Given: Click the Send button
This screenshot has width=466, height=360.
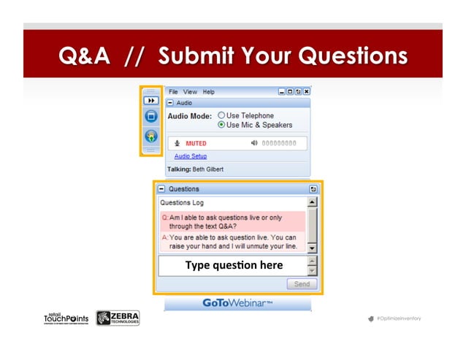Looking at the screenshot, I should click(x=301, y=284).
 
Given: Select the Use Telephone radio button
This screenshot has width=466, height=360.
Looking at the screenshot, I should click(x=221, y=115).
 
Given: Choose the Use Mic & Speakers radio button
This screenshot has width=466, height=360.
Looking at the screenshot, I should click(x=221, y=125).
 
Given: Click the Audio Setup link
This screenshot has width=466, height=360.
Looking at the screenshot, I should click(x=190, y=156).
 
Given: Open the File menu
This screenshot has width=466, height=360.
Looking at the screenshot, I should click(x=174, y=92).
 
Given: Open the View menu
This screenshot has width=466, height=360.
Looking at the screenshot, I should click(x=190, y=92).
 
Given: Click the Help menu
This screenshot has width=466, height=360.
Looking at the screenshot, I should click(x=209, y=92).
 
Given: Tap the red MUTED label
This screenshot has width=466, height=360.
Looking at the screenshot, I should click(x=195, y=143).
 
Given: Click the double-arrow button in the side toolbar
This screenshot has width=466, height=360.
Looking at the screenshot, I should click(x=150, y=101).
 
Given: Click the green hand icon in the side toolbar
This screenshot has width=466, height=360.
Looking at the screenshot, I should click(x=150, y=136).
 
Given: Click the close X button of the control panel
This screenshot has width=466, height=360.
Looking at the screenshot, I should click(x=307, y=92).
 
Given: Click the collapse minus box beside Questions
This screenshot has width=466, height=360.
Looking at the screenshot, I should click(x=161, y=188).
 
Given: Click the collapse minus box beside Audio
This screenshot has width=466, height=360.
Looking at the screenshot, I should click(x=170, y=104).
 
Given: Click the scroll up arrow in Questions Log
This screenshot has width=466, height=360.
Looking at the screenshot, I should click(x=312, y=202).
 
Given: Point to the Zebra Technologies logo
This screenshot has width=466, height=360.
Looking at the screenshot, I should click(x=118, y=318).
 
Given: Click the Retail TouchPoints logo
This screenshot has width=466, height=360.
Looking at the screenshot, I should click(x=66, y=318).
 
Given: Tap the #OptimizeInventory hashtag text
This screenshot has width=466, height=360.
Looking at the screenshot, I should click(x=397, y=319).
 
